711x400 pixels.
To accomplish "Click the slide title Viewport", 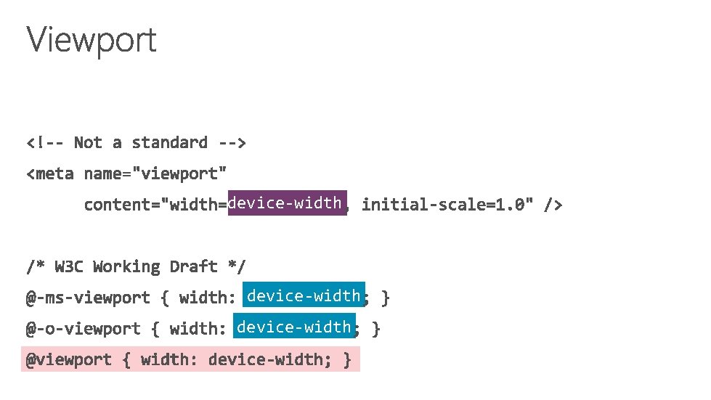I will click(x=92, y=40).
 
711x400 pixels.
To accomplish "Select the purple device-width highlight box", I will click(x=285, y=203).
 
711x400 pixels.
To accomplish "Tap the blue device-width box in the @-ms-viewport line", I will click(x=304, y=296).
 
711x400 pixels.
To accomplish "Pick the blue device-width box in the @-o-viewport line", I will click(x=294, y=327).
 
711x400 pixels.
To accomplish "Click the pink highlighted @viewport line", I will click(x=190, y=359).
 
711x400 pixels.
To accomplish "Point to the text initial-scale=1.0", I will click(x=447, y=205).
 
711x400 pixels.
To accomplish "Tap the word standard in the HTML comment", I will click(x=169, y=142).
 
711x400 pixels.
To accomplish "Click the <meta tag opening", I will click(x=50, y=174).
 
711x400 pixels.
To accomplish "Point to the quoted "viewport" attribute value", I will click(x=184, y=174).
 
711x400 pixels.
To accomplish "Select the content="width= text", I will click(x=155, y=205).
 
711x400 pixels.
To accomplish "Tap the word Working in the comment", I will click(x=126, y=266).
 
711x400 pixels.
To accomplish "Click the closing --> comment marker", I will click(x=232, y=142).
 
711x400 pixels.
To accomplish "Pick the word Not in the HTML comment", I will click(x=88, y=142).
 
